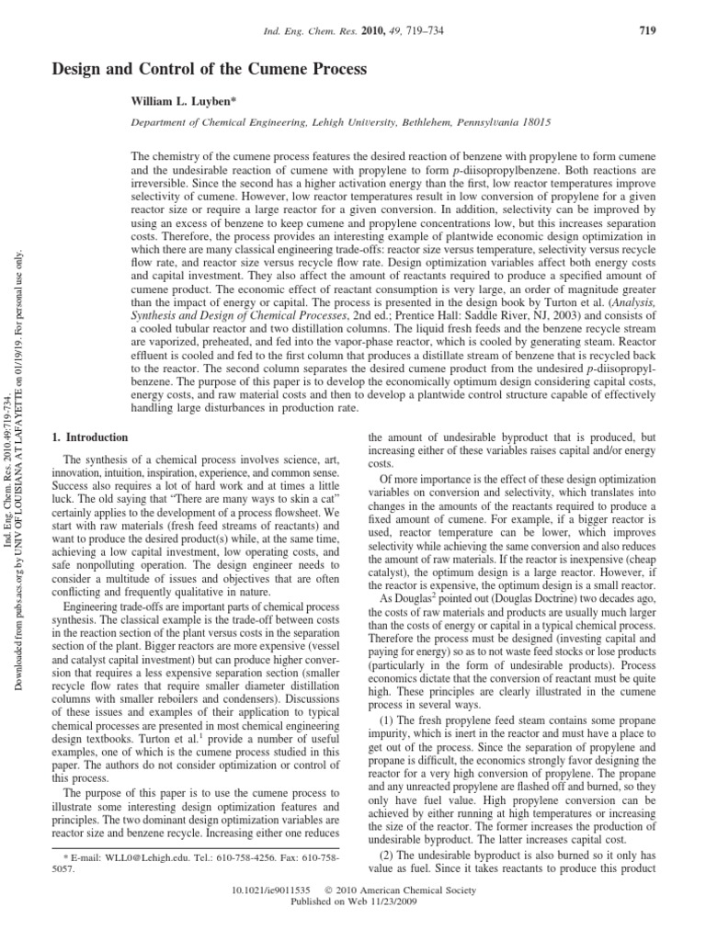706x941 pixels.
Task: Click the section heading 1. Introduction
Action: click(x=89, y=436)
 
